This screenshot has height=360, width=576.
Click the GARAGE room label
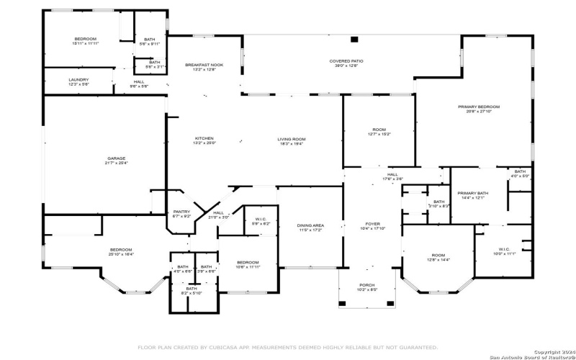pos(117,158)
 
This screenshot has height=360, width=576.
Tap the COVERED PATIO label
pos(346,62)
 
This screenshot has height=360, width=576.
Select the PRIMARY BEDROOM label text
pos(478,107)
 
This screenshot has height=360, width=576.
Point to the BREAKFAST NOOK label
pos(204,65)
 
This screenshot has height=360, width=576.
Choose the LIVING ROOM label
pos(292,139)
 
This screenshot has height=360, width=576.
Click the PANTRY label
pos(181,212)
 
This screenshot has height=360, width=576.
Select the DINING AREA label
pos(310,226)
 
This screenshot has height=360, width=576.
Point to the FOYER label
pos(372,224)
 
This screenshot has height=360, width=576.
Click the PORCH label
pos(367,285)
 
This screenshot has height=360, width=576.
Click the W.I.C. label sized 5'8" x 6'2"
pos(260,220)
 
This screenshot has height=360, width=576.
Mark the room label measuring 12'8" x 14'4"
pos(438,255)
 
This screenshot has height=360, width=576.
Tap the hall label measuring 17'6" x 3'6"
pos(392,174)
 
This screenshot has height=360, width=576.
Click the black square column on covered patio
pos(353,39)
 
